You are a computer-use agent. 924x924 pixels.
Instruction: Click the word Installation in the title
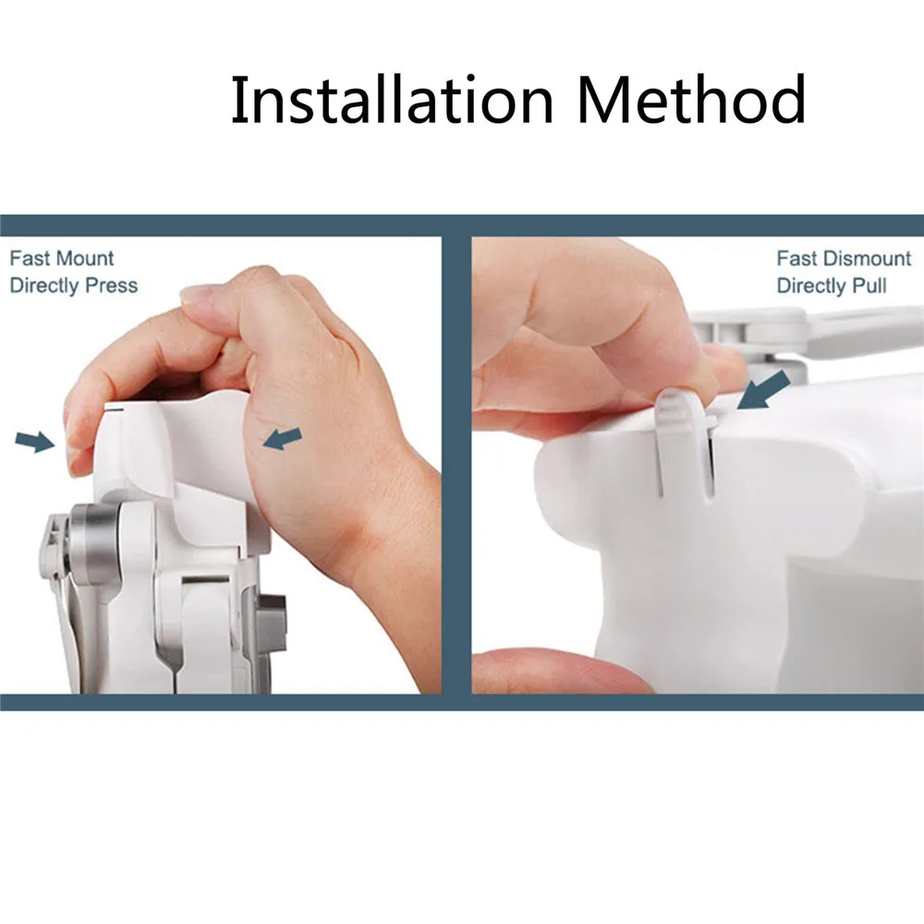pyautogui.click(x=392, y=99)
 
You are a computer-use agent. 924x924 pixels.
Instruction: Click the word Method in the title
pyautogui.click(x=692, y=99)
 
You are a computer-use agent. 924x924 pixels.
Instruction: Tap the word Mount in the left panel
pyautogui.click(x=86, y=258)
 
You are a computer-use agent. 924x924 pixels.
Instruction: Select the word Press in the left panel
pyautogui.click(x=112, y=286)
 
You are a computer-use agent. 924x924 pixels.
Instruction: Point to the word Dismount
pyautogui.click(x=867, y=258)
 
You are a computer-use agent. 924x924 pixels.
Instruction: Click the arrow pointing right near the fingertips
pyautogui.click(x=35, y=441)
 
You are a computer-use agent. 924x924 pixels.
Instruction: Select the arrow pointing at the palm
pyautogui.click(x=282, y=438)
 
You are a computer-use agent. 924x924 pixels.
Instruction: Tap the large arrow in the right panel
pyautogui.click(x=764, y=390)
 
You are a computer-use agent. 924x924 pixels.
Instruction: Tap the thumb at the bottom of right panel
pyautogui.click(x=560, y=671)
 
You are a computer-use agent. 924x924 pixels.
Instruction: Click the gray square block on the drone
pyautogui.click(x=271, y=623)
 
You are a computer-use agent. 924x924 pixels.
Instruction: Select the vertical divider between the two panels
pyautogui.click(x=456, y=466)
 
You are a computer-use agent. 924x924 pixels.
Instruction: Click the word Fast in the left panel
pyautogui.click(x=31, y=258)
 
